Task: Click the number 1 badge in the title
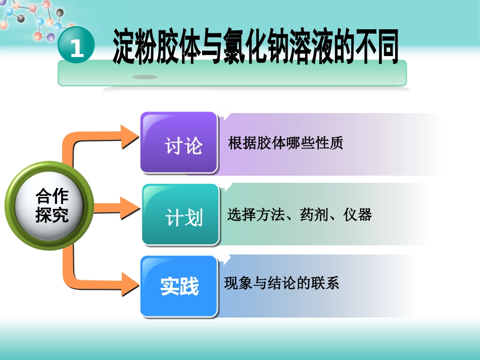pyautogui.click(x=77, y=49)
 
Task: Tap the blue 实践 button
pyautogui.click(x=179, y=286)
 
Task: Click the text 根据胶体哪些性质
pyautogui.click(x=285, y=143)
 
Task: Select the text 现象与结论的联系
pyautogui.click(x=281, y=283)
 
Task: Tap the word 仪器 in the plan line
pyautogui.click(x=357, y=215)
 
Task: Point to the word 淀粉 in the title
pyautogui.click(x=132, y=47)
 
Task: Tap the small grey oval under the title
pyautogui.click(x=145, y=77)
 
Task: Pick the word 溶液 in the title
pyautogui.click(x=314, y=47)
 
